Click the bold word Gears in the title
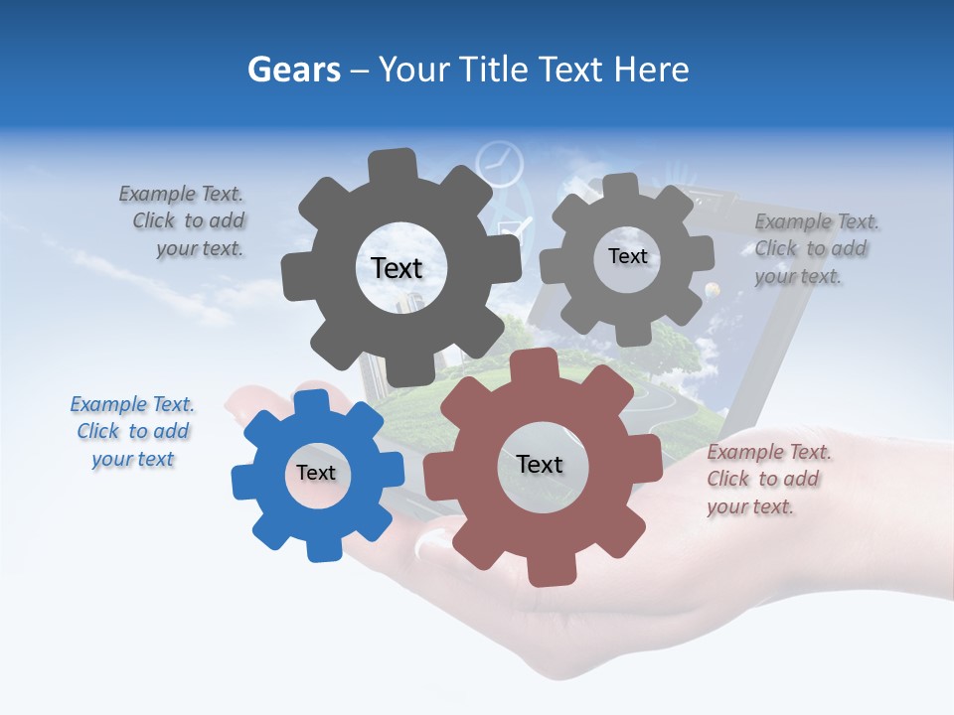tap(294, 70)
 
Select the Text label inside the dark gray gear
tap(397, 268)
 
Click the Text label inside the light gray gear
tap(627, 256)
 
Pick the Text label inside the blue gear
tap(315, 473)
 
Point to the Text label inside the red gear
tap(540, 464)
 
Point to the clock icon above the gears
tap(499, 163)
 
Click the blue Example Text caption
tap(132, 432)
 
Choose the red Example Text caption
tap(768, 480)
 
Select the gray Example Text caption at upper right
tap(815, 249)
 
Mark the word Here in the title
tap(652, 70)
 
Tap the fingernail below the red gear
tap(432, 542)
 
